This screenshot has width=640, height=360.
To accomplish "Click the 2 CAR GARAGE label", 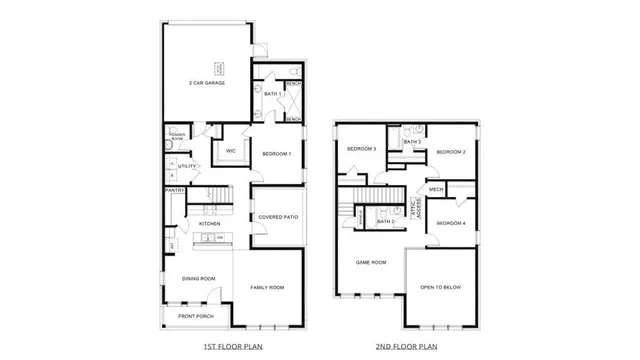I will (207, 83).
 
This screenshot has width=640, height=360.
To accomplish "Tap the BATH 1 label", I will (272, 93).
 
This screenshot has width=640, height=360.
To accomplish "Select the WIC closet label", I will (230, 151).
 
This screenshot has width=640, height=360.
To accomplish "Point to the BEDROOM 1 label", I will (276, 153).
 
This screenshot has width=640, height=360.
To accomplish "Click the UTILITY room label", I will (187, 166).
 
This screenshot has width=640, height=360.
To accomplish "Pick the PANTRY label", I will (174, 190).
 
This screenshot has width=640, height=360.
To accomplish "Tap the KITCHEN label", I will (209, 223).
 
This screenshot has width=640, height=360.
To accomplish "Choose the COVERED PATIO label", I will (277, 216).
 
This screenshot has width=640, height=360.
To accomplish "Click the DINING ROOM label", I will (198, 278).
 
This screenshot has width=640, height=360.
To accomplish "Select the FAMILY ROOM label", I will (267, 287).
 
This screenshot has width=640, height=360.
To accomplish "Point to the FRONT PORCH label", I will (197, 316).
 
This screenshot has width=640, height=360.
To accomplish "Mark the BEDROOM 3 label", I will (360, 149).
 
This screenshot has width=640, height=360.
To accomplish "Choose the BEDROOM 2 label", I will (452, 151).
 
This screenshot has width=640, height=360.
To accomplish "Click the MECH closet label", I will (436, 189).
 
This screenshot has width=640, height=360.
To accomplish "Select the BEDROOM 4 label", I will (452, 222).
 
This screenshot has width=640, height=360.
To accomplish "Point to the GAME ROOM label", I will (371, 262).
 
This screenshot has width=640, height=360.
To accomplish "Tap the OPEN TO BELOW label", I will (440, 287).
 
